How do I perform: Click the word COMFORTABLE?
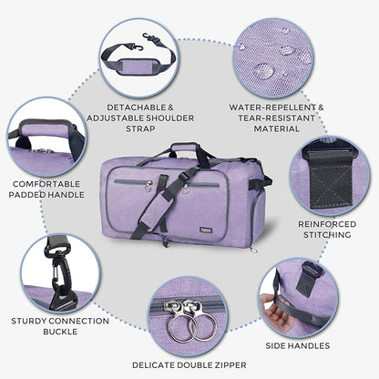coord(46,182)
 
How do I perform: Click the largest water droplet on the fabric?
coord(264,69)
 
